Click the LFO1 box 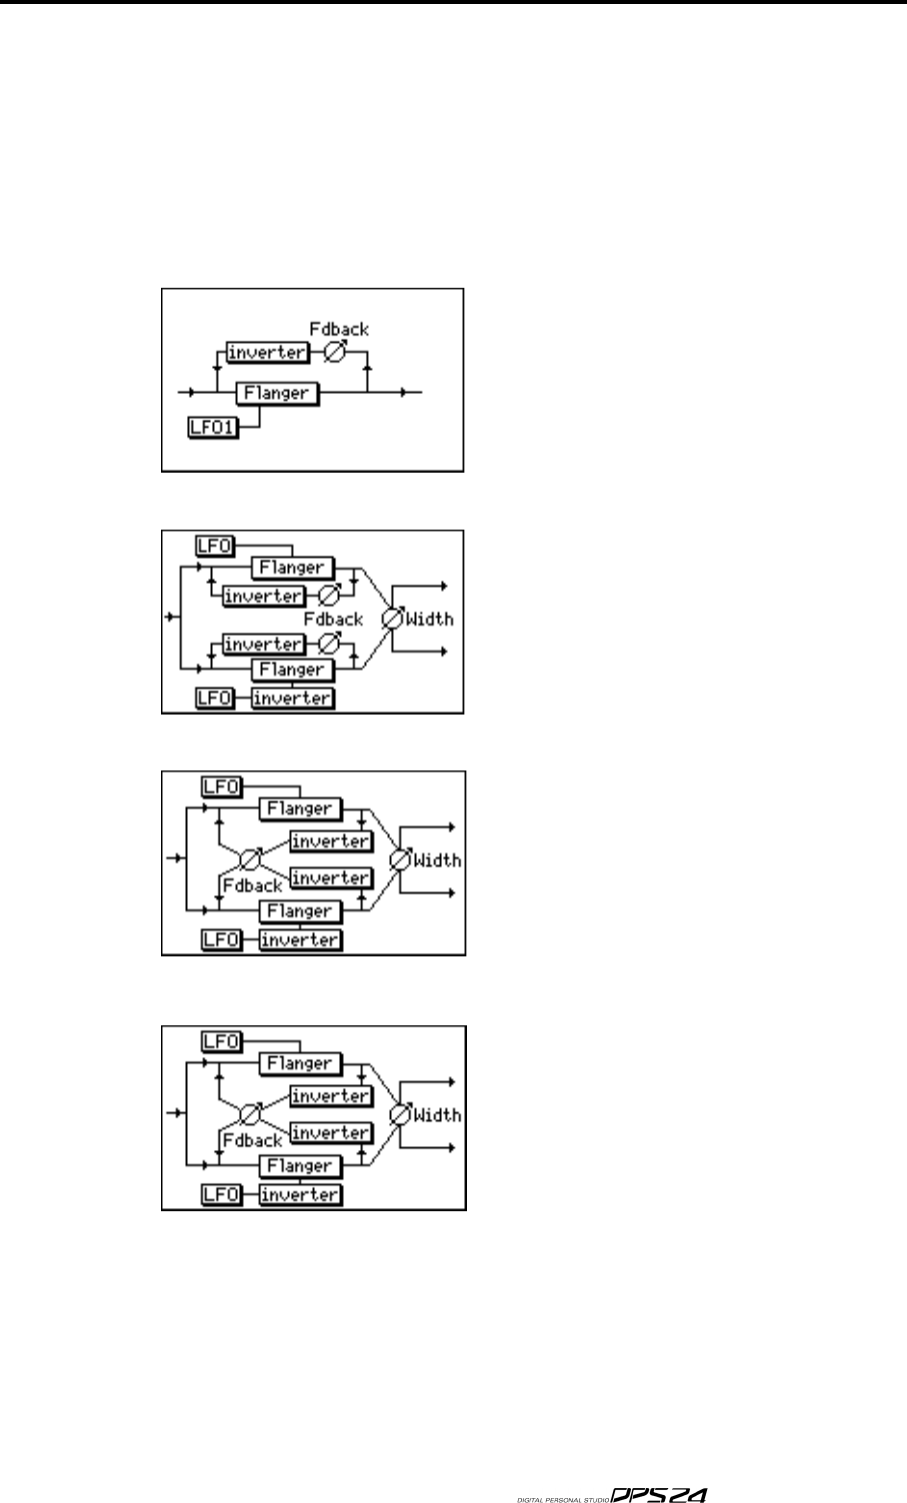[213, 430]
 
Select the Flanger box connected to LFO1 [277, 393]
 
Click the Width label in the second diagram [430, 620]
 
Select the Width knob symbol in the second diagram [392, 620]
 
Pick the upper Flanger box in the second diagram [290, 568]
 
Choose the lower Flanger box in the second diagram [290, 670]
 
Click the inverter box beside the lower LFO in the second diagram [292, 699]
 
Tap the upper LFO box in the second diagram [213, 545]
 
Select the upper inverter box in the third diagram [330, 841]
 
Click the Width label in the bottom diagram [437, 1115]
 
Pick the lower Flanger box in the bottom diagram [300, 1166]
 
